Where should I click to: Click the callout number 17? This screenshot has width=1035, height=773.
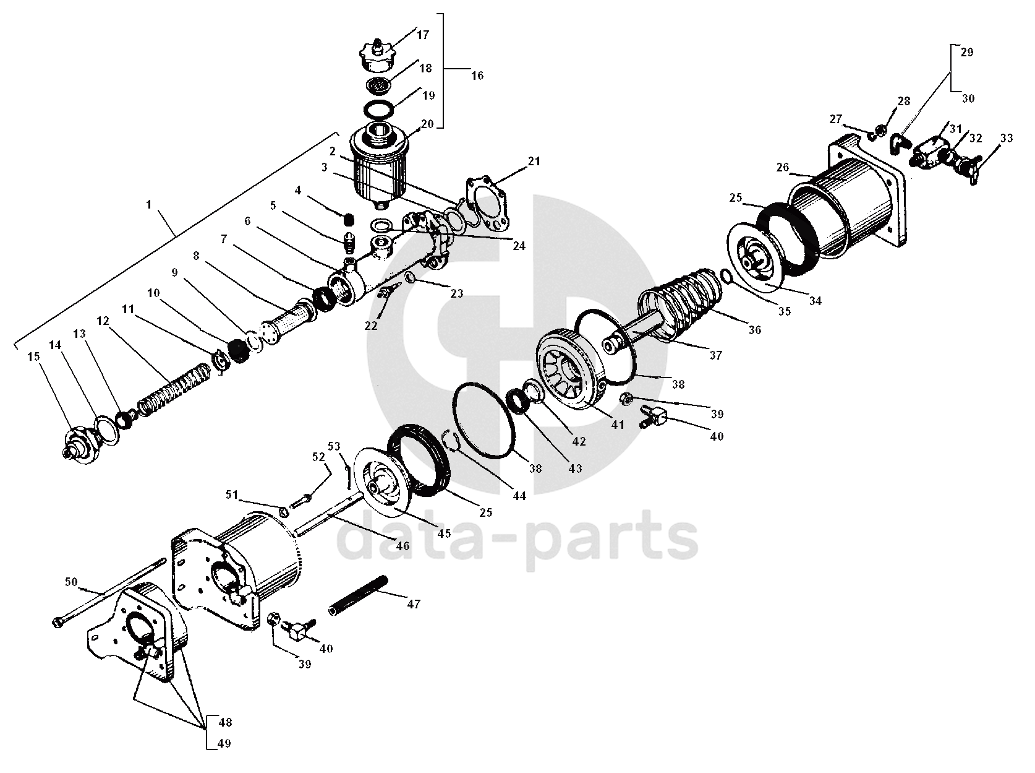[x=423, y=35]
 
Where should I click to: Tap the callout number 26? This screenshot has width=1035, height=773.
[x=783, y=167]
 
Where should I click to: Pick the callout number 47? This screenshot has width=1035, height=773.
[x=414, y=604]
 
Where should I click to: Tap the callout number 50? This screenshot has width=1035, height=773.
[x=72, y=582]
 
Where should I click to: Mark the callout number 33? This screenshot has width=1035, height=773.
[x=1007, y=139]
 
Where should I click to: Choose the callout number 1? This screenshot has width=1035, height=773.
[x=149, y=205]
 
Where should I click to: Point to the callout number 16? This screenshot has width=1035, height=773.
[x=477, y=76]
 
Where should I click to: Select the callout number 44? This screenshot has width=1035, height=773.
[x=519, y=496]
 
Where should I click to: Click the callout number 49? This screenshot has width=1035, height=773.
[x=224, y=743]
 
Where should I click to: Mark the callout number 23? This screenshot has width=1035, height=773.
[x=456, y=294]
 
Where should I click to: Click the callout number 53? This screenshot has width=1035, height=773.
[x=334, y=446]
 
